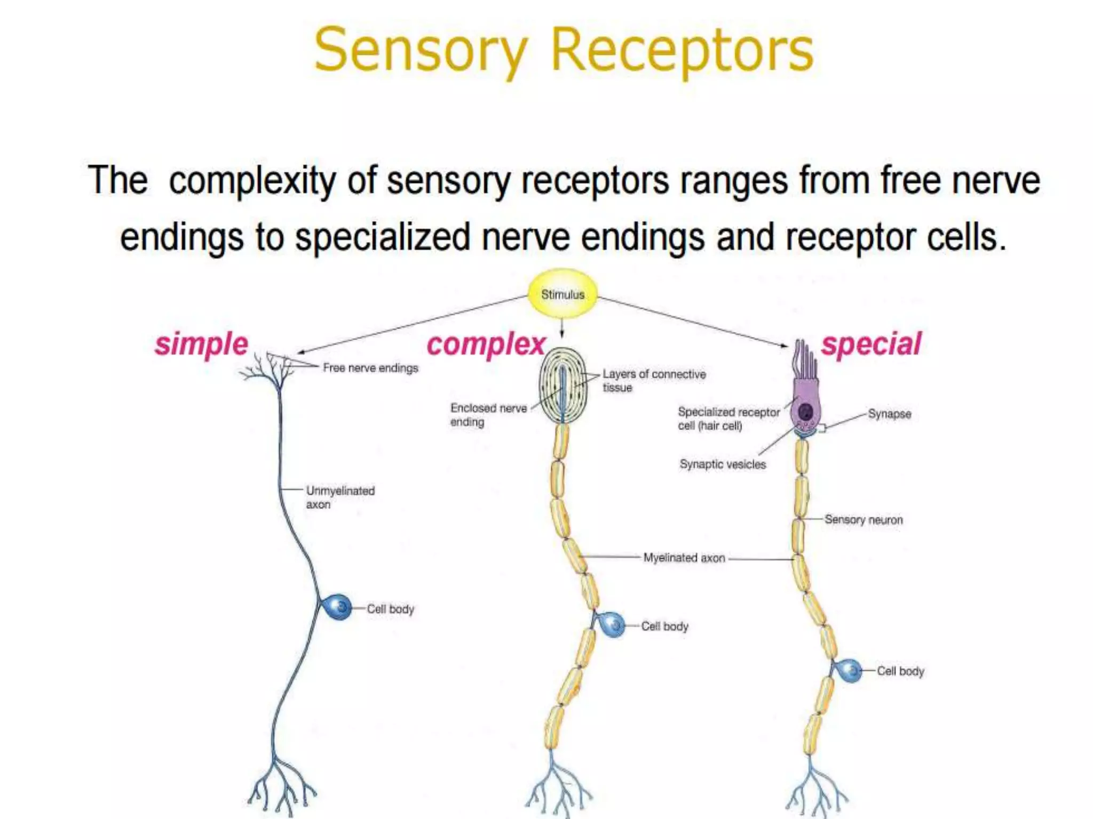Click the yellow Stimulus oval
563,294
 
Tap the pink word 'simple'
202,344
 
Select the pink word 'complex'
486,344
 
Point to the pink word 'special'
871,344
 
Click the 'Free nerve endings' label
370,368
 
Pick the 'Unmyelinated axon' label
340,497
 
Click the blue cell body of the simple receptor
337,607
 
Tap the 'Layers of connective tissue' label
654,381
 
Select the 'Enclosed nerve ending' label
488,415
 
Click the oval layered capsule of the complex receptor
563,386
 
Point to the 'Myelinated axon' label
684,558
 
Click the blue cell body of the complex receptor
612,625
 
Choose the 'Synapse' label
889,414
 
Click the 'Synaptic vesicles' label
723,464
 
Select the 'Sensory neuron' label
864,519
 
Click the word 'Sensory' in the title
421,51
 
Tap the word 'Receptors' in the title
682,51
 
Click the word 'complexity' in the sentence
252,181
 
